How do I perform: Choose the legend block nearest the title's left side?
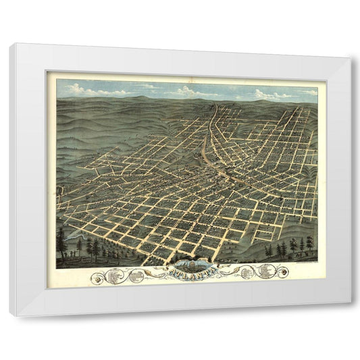138,275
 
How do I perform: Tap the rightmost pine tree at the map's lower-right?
309,243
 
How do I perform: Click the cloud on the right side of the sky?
270,93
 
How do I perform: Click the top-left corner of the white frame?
11,45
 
